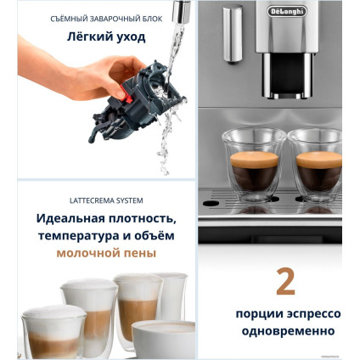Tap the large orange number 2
click(285, 282)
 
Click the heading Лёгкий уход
click(106, 37)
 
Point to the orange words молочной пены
click(106, 253)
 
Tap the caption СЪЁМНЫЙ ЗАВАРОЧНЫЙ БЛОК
click(106, 19)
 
